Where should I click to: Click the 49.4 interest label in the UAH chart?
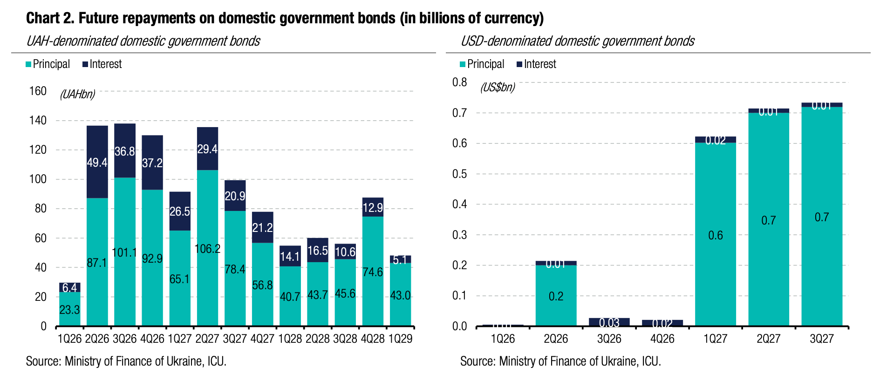(x=97, y=163)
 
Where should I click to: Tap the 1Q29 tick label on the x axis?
(x=400, y=339)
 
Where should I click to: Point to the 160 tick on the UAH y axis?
(x=38, y=91)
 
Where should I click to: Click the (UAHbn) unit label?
(x=77, y=95)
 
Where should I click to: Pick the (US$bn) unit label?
(x=498, y=87)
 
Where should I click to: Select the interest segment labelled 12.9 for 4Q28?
(x=373, y=208)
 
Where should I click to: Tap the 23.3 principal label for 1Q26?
(x=69, y=310)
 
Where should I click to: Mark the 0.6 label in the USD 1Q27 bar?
(x=716, y=236)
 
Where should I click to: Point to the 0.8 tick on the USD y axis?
(x=459, y=82)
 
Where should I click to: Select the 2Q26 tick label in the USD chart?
(x=556, y=339)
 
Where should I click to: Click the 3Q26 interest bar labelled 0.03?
(x=609, y=322)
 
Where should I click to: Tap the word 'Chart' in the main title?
(x=42, y=18)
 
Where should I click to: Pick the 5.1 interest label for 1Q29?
(x=400, y=259)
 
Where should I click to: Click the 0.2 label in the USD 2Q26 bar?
(x=556, y=297)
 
